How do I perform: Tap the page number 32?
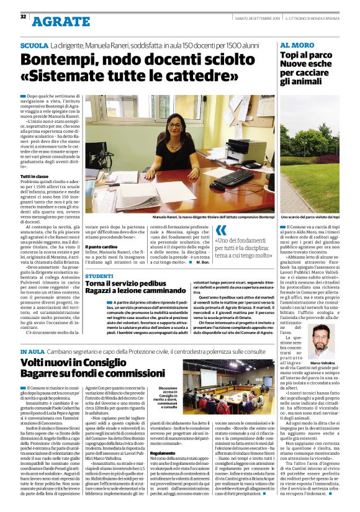(x=23, y=16)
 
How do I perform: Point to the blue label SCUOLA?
(x=34, y=47)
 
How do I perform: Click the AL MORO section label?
(x=296, y=46)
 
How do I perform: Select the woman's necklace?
(x=176, y=142)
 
